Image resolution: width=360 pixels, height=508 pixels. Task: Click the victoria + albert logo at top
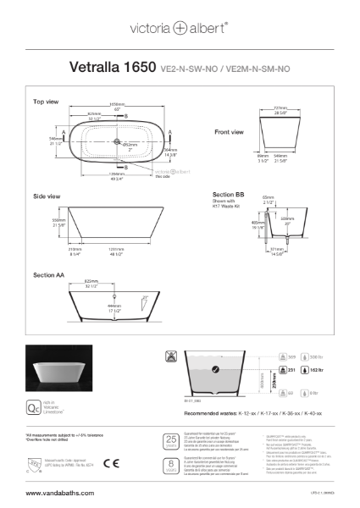pos(180,28)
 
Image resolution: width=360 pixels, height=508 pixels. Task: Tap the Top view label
pos(45,102)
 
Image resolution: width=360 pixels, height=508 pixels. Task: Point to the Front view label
pos(229,132)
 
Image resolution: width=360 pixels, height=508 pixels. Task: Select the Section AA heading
pos(50,275)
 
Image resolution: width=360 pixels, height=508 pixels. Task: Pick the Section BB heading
pos(228,194)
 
